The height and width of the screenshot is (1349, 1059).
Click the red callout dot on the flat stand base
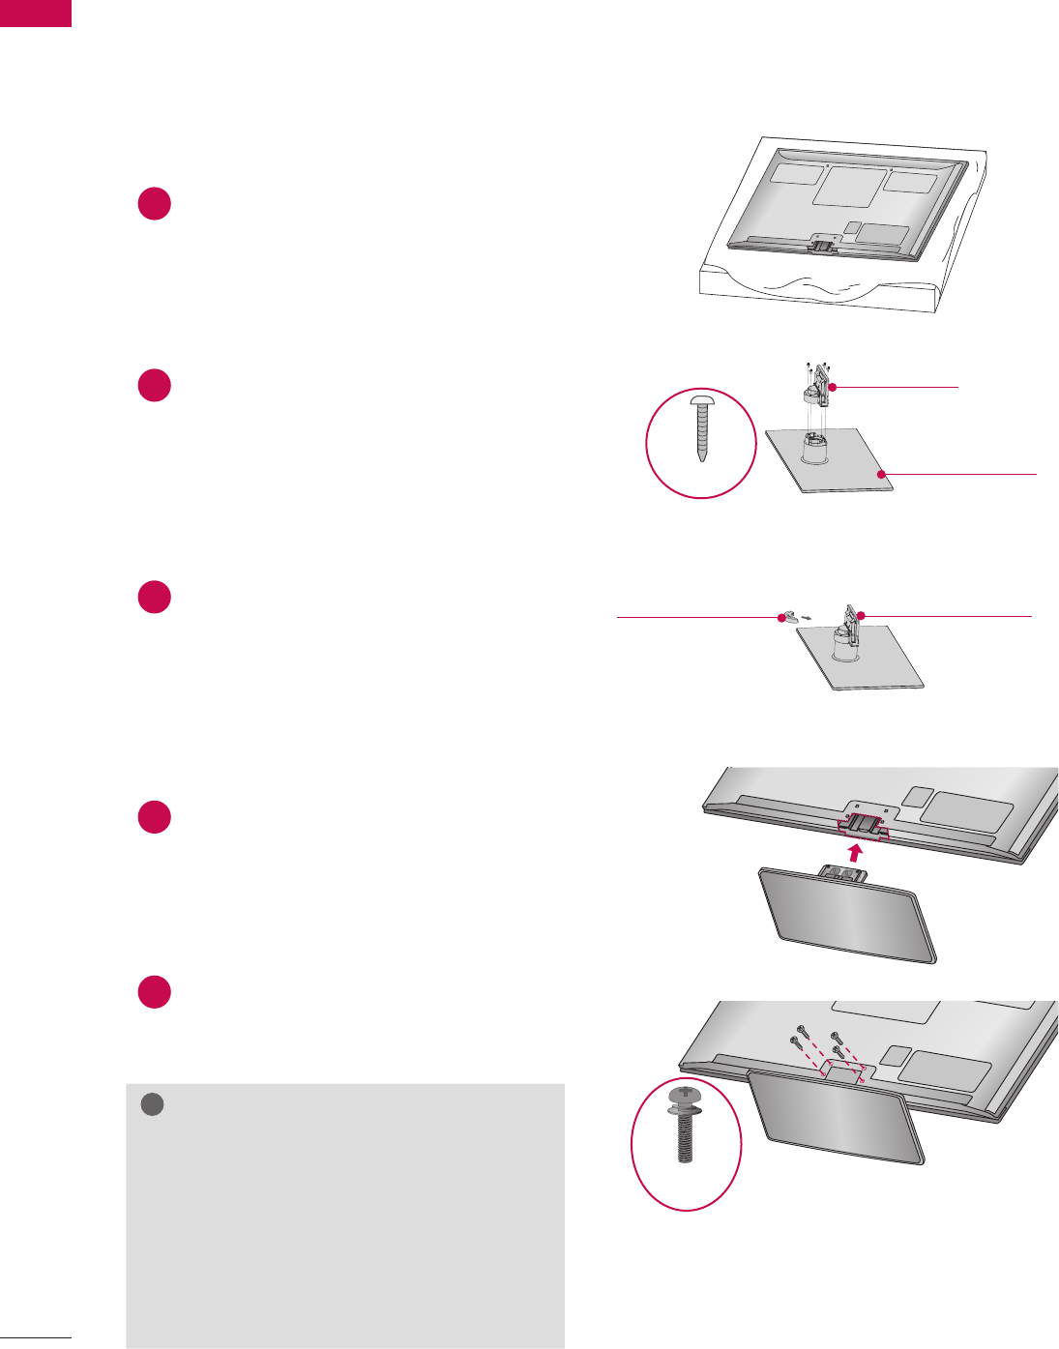coord(881,473)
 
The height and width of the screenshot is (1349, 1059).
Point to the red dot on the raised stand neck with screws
coord(831,386)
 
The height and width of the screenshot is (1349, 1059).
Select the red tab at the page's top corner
coord(36,13)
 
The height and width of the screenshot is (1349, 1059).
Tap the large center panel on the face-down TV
coord(849,184)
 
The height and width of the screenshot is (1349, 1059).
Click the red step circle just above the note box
coord(154,992)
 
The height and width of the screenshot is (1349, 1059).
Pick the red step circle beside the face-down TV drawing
coord(154,203)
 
